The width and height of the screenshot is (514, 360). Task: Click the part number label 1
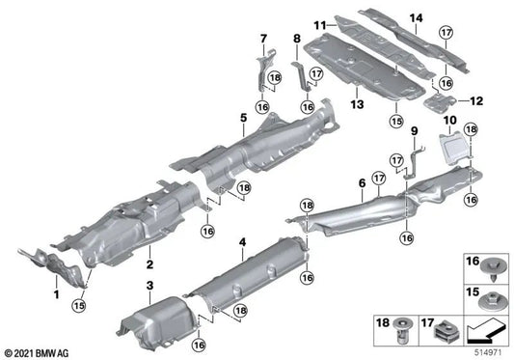point(56,292)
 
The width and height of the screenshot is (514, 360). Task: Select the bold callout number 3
point(149,285)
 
